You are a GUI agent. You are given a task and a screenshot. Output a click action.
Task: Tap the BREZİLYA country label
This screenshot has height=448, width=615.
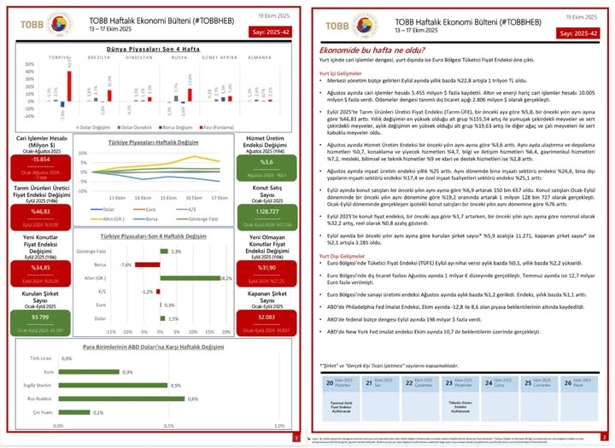[x=98, y=56]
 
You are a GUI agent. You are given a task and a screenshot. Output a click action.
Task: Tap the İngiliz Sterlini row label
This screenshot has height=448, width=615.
[x=41, y=385]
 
